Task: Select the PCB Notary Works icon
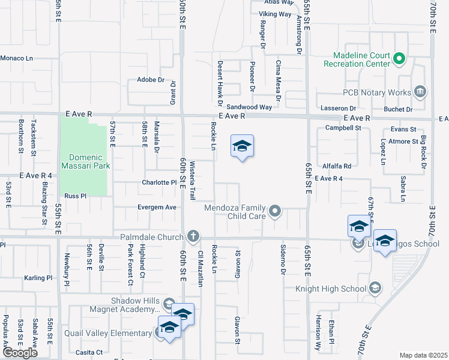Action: point(420,92)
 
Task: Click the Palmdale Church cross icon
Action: point(193,235)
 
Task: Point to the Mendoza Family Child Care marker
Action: point(275,210)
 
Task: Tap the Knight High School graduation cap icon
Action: point(375,289)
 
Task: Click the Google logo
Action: point(20,353)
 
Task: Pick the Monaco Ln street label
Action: point(16,58)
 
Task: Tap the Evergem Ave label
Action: point(158,207)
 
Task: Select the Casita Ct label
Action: point(91,352)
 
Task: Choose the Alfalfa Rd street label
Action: point(336,166)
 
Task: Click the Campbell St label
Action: point(342,128)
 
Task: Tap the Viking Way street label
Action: point(276,14)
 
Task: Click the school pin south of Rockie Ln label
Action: point(242,147)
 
